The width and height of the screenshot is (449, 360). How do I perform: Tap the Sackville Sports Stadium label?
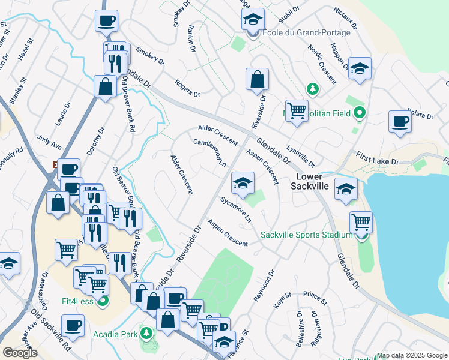[x=306, y=235]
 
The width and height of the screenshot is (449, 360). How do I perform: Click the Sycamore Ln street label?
[x=235, y=209]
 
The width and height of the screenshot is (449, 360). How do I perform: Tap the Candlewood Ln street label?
[x=209, y=154]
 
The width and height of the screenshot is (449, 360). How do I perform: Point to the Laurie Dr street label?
[x=59, y=113]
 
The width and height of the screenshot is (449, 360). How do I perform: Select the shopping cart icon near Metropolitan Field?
[x=297, y=110]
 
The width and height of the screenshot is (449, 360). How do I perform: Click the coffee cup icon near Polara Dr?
[x=400, y=122]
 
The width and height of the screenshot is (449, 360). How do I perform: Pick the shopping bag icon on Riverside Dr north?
[x=257, y=79]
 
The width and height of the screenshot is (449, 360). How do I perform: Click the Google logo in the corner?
[x=20, y=353]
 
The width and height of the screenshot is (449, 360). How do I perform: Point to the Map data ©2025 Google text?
[x=412, y=355]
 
